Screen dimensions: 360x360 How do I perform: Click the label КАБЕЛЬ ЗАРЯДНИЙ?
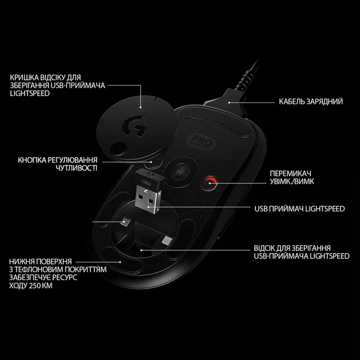coord(311,102)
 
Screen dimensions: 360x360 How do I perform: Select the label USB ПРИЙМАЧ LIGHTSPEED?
coord(299,209)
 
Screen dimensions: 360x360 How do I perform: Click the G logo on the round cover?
coord(135,126)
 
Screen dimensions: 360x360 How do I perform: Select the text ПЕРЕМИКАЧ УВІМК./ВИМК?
coord(292,178)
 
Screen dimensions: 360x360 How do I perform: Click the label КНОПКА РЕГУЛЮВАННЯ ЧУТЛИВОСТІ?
coord(58,164)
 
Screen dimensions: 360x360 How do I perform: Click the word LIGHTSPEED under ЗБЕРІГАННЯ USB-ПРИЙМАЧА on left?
coord(30,94)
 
